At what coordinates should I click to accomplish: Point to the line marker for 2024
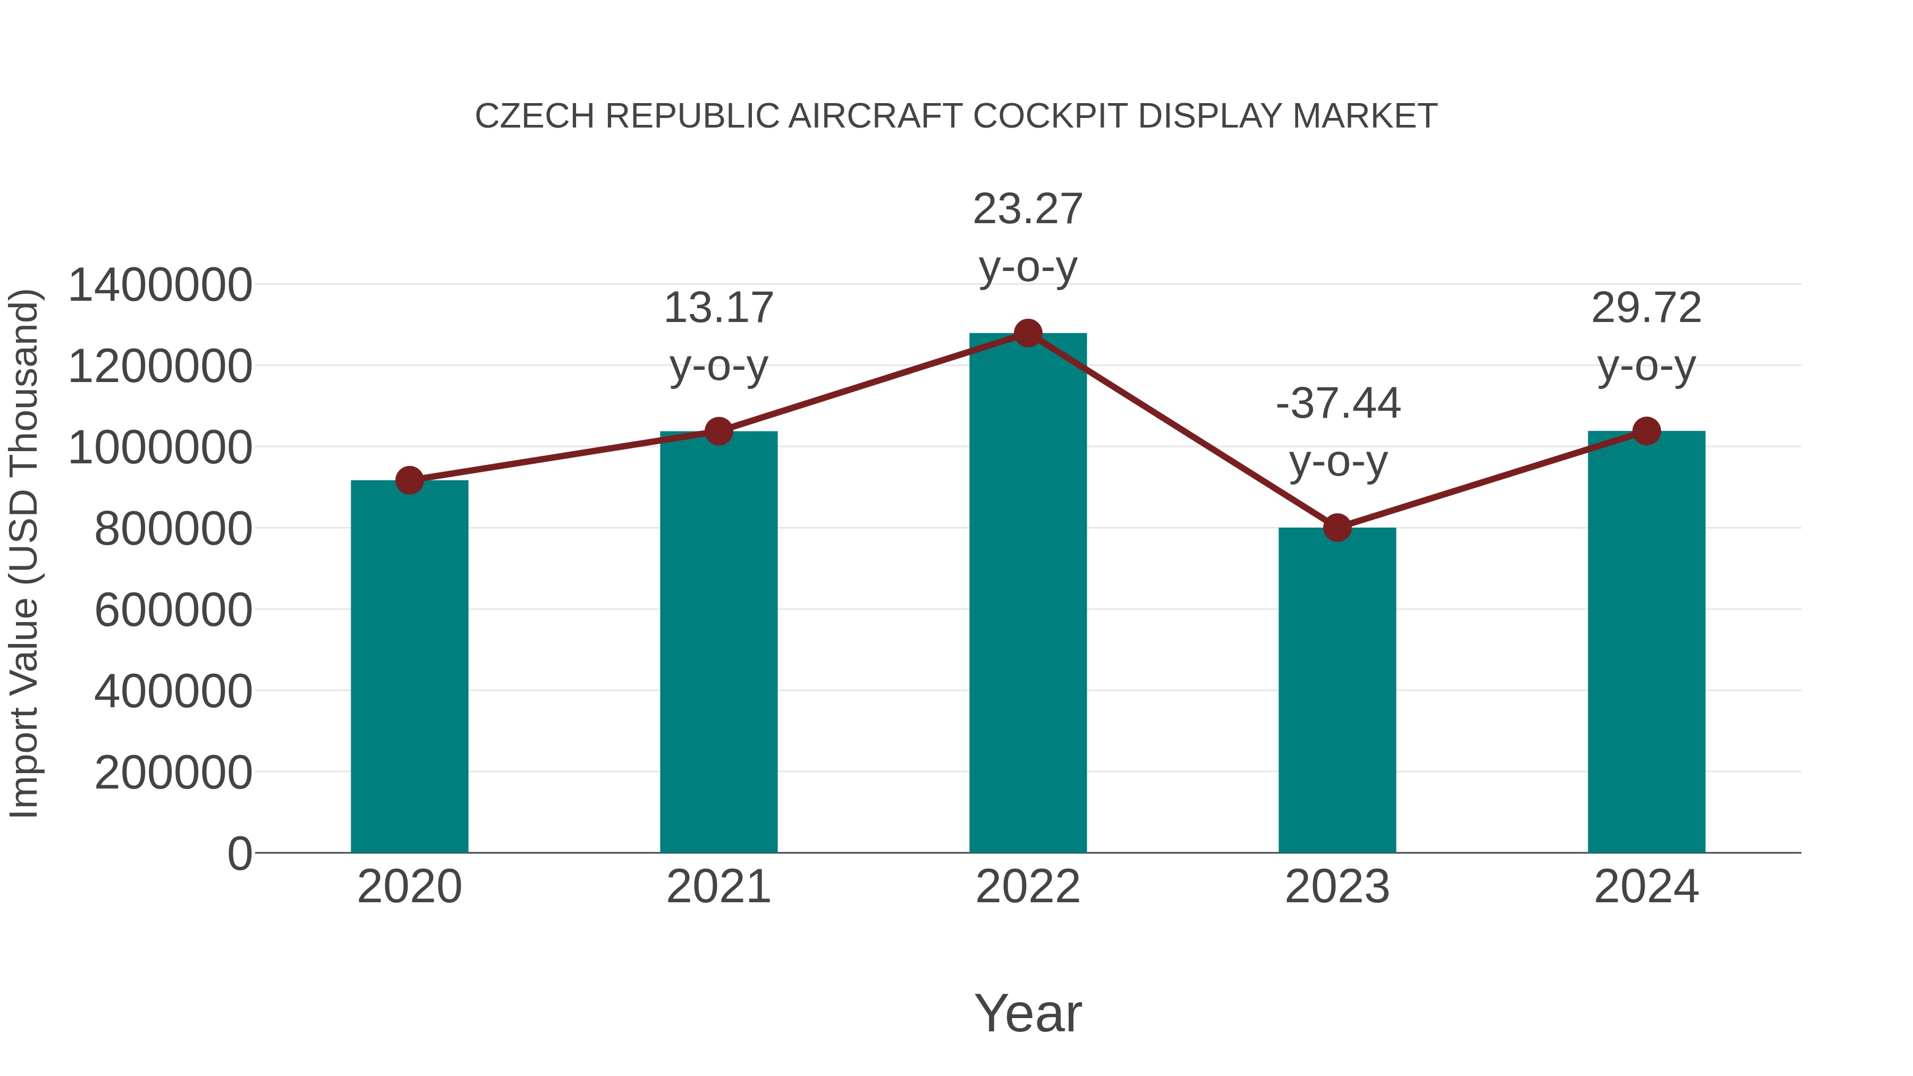1646,431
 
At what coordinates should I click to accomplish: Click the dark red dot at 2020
409,480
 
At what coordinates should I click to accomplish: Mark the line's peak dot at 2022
1028,333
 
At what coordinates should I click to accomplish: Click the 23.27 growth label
1028,209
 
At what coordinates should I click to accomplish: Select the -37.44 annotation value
1338,404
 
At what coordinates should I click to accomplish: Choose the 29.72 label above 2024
1646,308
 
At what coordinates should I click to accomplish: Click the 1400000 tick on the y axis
159,285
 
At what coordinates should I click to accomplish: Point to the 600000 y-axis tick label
173,611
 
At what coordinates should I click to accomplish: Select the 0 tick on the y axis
239,854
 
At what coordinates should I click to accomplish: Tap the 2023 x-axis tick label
1337,887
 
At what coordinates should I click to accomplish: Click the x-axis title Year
1028,1014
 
